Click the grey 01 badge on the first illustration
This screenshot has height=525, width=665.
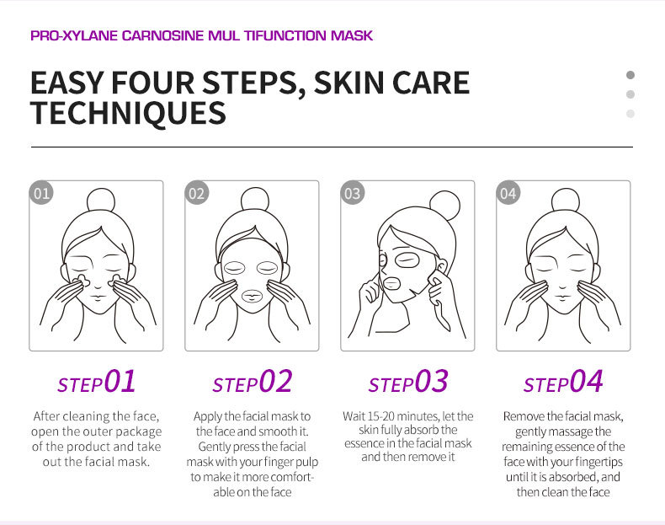point(41,193)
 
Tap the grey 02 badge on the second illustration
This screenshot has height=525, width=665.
point(197,193)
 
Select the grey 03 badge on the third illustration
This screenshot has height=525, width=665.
point(353,193)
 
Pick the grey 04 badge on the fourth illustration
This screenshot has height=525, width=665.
point(508,193)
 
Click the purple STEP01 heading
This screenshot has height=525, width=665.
point(97,381)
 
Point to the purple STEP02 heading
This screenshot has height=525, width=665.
point(253,381)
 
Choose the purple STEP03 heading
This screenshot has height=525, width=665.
point(408,381)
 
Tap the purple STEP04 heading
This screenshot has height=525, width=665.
point(563,381)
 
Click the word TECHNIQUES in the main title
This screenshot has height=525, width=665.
point(128,113)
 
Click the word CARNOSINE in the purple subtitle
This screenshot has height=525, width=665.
point(162,35)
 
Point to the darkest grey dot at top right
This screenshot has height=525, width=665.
point(630,75)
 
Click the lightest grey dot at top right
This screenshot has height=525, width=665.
point(630,113)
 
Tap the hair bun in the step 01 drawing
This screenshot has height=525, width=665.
point(101,201)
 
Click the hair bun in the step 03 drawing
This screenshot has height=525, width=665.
point(445,206)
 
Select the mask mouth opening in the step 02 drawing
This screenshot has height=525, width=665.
point(252,296)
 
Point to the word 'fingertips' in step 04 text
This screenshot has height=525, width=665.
point(599,462)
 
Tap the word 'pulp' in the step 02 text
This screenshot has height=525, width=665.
point(307,462)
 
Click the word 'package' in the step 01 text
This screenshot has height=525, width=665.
point(139,432)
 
